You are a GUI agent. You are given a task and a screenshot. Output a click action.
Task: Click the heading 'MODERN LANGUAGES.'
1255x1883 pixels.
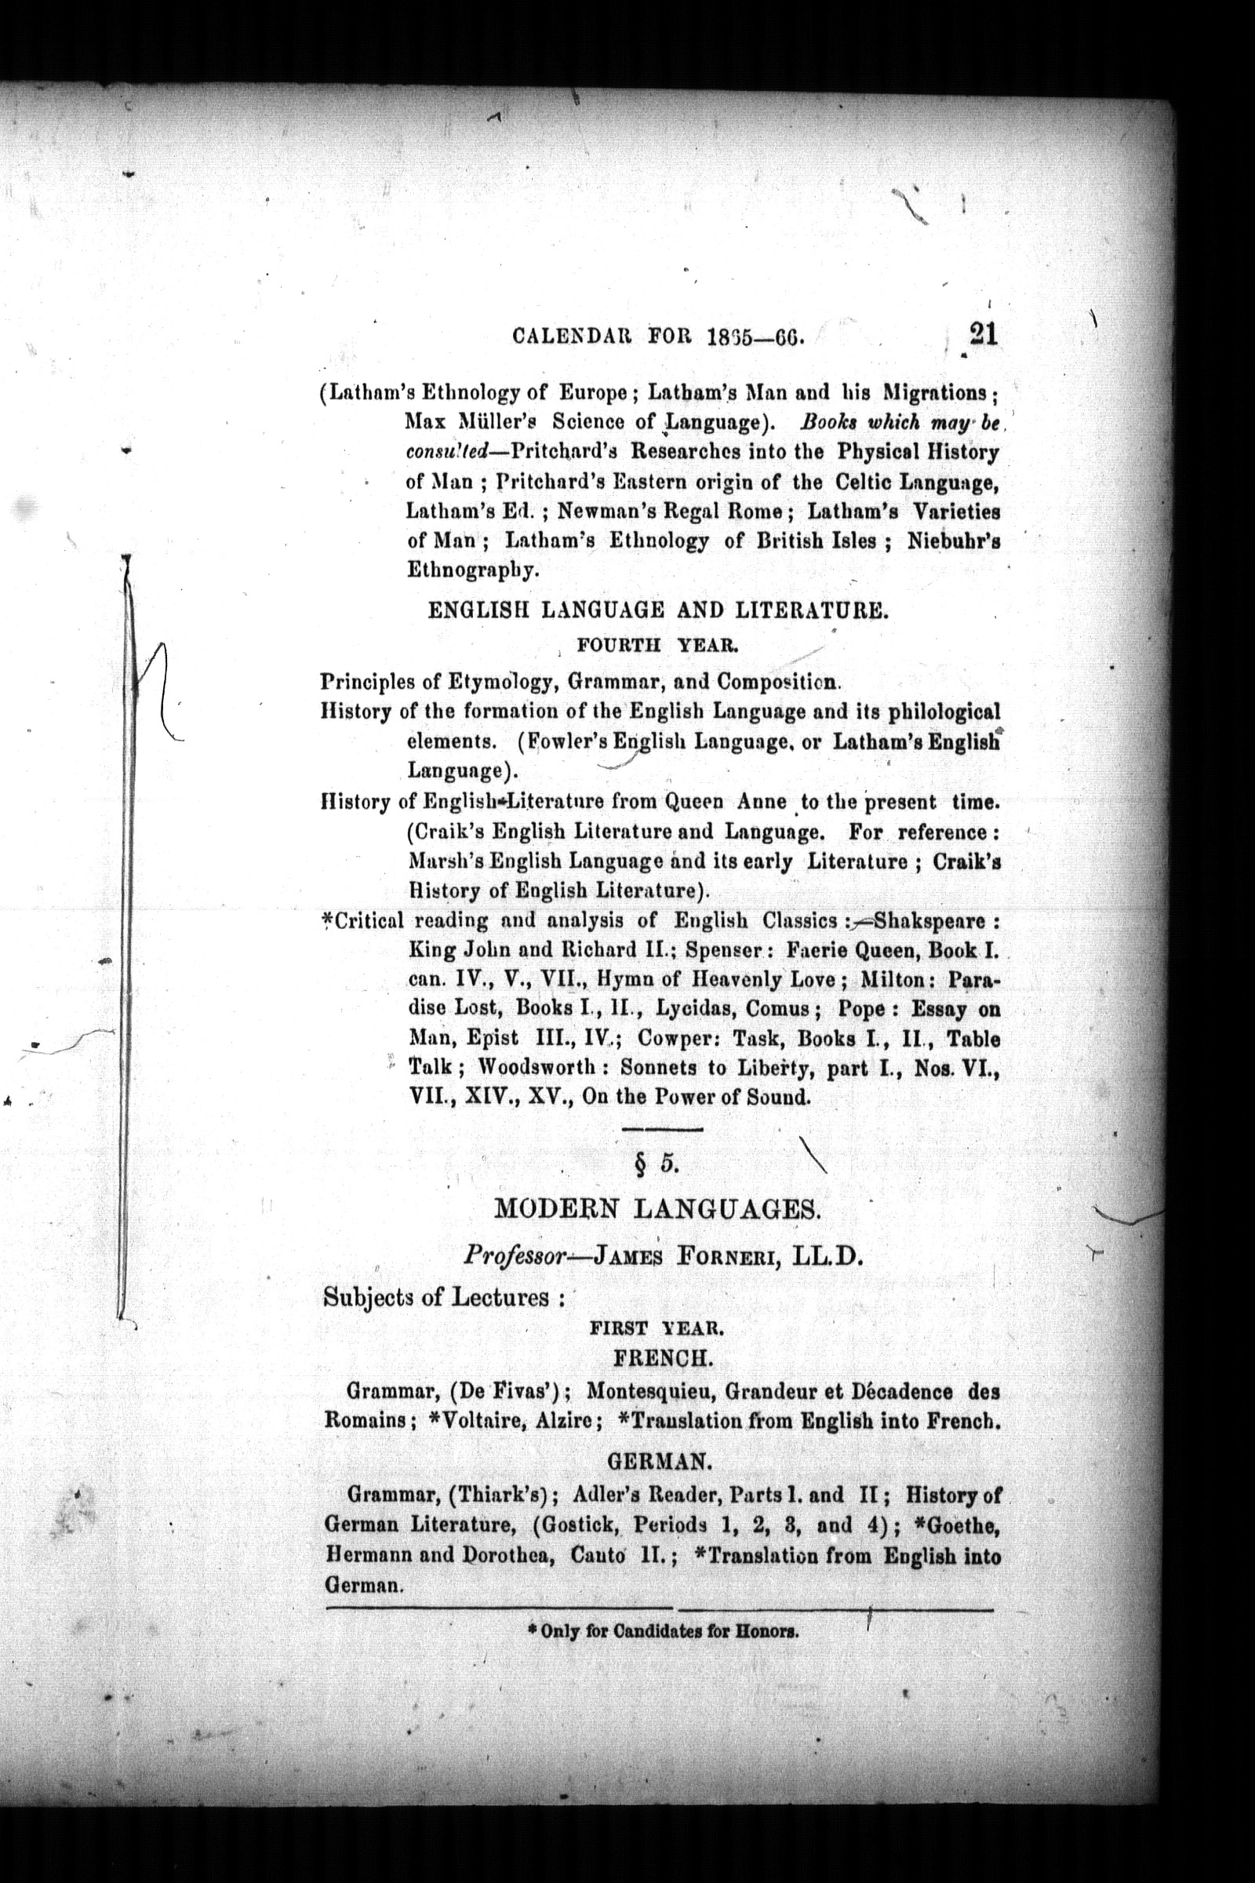658,1209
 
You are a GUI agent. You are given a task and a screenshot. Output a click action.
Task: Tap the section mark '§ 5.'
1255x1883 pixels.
658,1165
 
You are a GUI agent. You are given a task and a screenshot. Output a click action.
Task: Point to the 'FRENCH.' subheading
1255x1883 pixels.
661,1358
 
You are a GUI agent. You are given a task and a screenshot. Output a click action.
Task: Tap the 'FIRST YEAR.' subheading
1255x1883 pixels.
657,1328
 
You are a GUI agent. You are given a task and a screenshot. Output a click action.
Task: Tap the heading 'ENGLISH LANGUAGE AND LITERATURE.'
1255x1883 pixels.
657,613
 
